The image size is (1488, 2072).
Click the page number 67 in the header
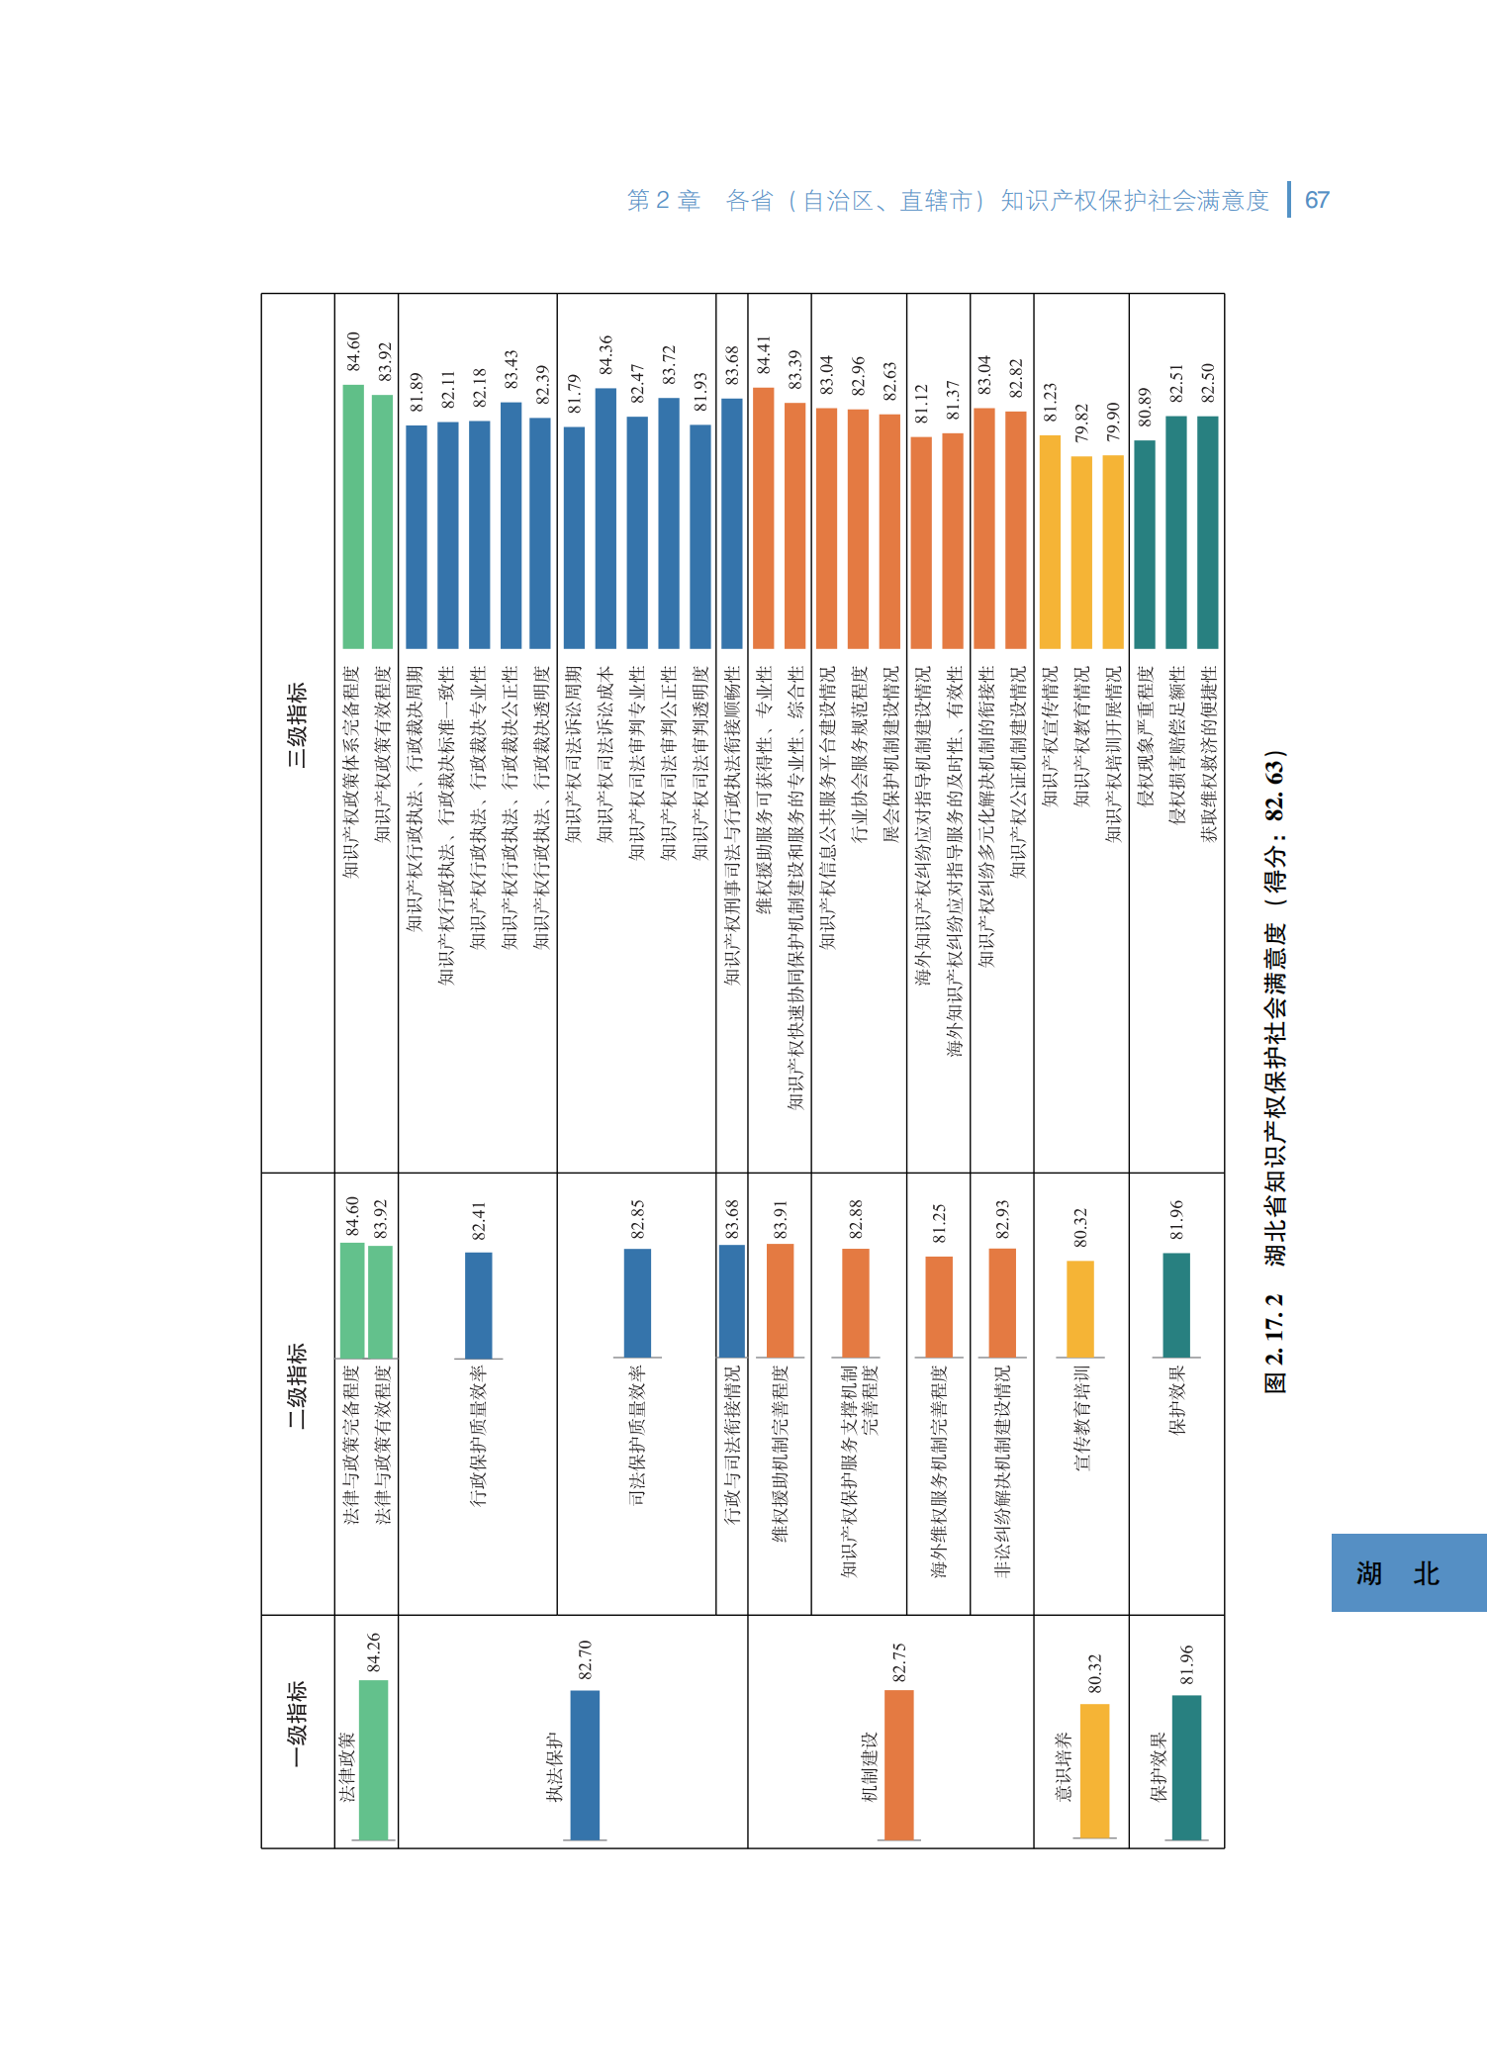point(1316,201)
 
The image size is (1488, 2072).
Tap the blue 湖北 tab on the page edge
point(1408,1572)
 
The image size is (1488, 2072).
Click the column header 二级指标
point(297,1385)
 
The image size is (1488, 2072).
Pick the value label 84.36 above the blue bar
point(605,355)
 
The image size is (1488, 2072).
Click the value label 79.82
point(1081,424)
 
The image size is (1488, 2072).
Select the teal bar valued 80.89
point(1145,544)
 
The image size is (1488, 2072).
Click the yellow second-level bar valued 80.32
point(1080,1308)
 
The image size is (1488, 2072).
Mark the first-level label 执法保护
point(555,1767)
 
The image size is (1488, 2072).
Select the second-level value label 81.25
point(939,1224)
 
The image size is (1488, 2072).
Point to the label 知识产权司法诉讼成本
point(605,754)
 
